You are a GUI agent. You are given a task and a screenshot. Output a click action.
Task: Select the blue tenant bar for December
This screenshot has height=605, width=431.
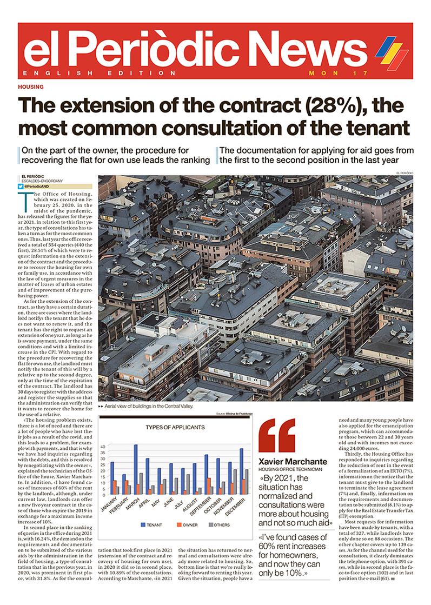click(x=241, y=470)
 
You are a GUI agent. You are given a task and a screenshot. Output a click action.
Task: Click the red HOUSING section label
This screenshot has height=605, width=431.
click(x=31, y=87)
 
